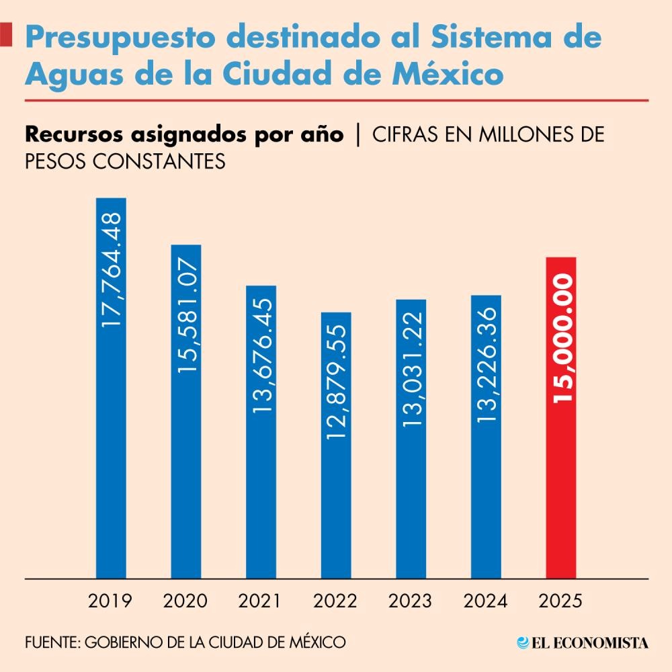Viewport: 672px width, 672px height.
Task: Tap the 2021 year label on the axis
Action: [x=261, y=601]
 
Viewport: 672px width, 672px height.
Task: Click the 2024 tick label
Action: [x=486, y=601]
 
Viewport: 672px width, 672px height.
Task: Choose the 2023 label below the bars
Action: [x=411, y=601]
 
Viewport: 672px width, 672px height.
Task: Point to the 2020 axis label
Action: [x=186, y=601]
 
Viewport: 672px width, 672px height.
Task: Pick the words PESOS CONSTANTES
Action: [x=124, y=162]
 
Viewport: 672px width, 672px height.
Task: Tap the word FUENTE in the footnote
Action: [x=51, y=642]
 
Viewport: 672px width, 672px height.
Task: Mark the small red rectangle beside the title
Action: [x=5, y=34]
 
